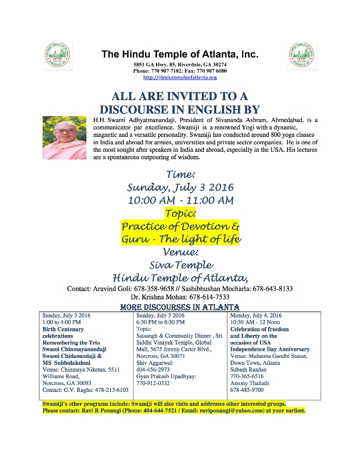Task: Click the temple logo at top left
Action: [x=58, y=55]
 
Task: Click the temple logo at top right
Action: [x=302, y=55]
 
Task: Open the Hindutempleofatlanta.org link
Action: [x=180, y=78]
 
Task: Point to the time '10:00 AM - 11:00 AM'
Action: [x=180, y=201]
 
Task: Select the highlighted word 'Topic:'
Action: [x=180, y=213]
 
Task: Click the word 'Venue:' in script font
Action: [x=180, y=251]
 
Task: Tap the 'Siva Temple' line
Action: [x=180, y=265]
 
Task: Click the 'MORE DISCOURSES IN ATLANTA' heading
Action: [x=180, y=307]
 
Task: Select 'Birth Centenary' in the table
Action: [x=63, y=329]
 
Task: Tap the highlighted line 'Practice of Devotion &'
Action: [x=180, y=226]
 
